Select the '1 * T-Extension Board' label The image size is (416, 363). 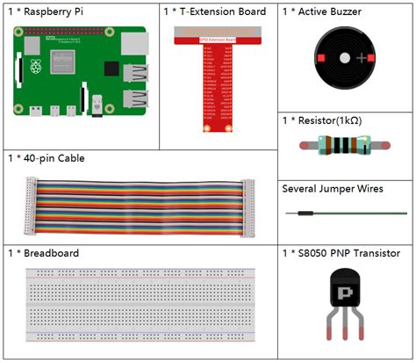(215, 12)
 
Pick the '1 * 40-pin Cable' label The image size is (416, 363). (52, 158)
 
